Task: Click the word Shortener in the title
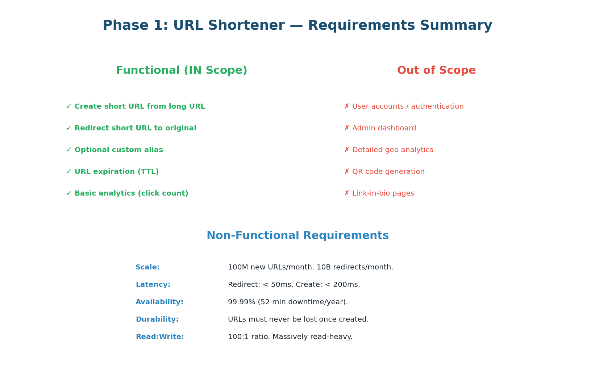pos(246,26)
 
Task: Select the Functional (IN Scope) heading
pos(182,71)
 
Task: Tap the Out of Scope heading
pos(436,71)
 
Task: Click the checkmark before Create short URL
pos(69,106)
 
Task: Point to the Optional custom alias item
pos(118,150)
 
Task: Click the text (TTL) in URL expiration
pos(148,172)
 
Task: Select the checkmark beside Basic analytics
pos(69,193)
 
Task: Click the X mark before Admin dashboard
pos(347,128)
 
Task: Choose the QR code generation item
pos(388,172)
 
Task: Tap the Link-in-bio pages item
pos(383,193)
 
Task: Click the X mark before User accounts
pos(347,106)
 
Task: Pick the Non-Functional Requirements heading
pos(297,236)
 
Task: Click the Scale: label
pos(147,267)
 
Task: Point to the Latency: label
pos(153,285)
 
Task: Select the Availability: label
pos(159,302)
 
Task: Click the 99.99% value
pos(241,302)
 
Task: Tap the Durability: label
pos(157,319)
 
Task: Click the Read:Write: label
pos(160,337)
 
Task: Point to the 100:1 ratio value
pos(248,337)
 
